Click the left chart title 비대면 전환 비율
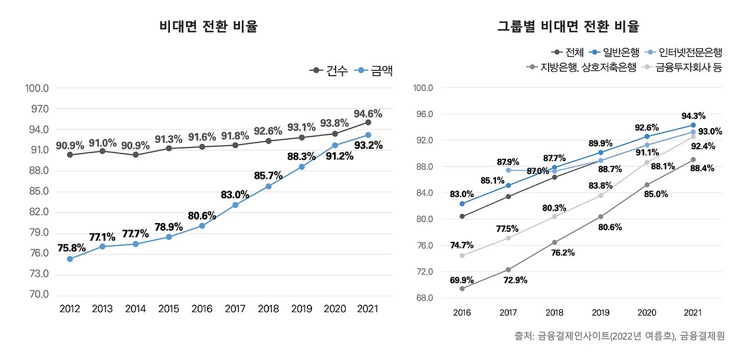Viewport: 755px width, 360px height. coord(208,27)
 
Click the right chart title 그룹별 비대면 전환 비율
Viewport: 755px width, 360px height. coord(568,27)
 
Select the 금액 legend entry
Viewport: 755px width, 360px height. coord(375,71)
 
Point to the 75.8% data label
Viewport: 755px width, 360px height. coord(71,247)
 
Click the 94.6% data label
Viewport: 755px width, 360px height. coord(368,113)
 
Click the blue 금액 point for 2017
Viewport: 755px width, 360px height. coord(235,205)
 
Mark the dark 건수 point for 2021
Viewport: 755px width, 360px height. coord(368,122)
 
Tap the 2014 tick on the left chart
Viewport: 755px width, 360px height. coord(136,309)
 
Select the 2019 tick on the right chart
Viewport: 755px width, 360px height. coord(600,313)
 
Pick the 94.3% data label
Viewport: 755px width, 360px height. coord(693,116)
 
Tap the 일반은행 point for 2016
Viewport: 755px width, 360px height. coord(462,204)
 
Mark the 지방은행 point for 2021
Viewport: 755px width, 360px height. coord(693,159)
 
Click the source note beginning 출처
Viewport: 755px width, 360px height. coord(619,336)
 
